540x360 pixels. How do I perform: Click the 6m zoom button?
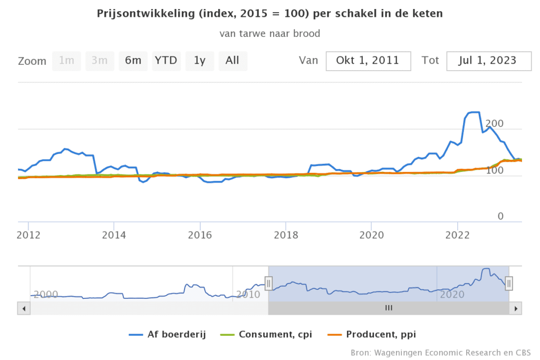pyautogui.click(x=133, y=61)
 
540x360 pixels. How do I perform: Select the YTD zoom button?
pyautogui.click(x=166, y=61)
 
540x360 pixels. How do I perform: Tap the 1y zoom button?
pyautogui.click(x=199, y=61)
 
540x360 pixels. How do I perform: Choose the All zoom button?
pyautogui.click(x=233, y=61)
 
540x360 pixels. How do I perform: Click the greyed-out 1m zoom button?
pyautogui.click(x=66, y=61)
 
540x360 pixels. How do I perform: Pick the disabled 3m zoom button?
pyautogui.click(x=100, y=61)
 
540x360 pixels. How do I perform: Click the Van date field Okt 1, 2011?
pyautogui.click(x=368, y=61)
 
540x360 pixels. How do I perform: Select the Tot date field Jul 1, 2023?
pyautogui.click(x=489, y=61)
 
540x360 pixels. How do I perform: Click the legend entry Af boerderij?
pyautogui.click(x=168, y=334)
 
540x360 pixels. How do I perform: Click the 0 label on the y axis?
pyautogui.click(x=500, y=217)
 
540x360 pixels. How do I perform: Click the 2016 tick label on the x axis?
pyautogui.click(x=200, y=235)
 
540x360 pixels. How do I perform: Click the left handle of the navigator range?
pyautogui.click(x=268, y=284)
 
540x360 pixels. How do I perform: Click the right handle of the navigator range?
pyautogui.click(x=509, y=284)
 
